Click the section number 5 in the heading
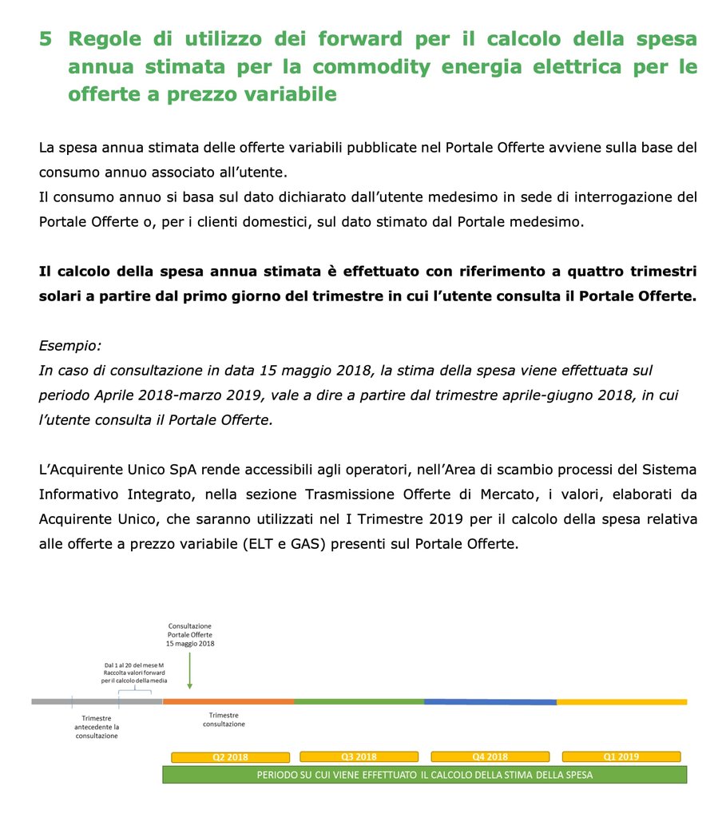(x=46, y=39)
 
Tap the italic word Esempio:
(x=70, y=346)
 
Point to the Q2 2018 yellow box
(x=230, y=757)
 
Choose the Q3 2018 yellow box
(x=359, y=757)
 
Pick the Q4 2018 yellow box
(x=490, y=757)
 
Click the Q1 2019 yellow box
(x=621, y=757)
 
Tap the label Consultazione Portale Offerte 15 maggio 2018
(x=190, y=634)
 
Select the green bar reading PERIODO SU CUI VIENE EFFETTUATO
(x=424, y=775)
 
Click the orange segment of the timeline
(x=228, y=701)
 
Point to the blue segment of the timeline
(x=490, y=701)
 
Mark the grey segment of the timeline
(x=96, y=701)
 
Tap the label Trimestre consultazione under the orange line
(x=224, y=720)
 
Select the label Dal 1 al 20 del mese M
(x=133, y=665)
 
